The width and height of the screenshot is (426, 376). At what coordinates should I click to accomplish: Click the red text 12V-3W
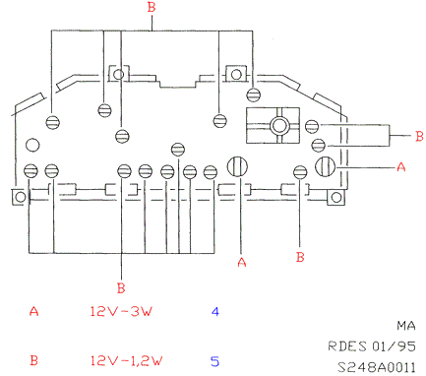coord(121,311)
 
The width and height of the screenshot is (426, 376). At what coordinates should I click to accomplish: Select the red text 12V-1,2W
coord(126,361)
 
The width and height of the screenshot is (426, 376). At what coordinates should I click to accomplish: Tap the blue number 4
coord(215,311)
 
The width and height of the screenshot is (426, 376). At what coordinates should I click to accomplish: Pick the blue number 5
coord(214,361)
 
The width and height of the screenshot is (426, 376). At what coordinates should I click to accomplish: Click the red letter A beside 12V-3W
coord(33,311)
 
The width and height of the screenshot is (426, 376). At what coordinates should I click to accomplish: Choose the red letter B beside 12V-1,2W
coord(33,360)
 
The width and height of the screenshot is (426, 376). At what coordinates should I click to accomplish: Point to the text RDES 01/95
coord(372,346)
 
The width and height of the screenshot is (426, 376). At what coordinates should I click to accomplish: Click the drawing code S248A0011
coord(377,367)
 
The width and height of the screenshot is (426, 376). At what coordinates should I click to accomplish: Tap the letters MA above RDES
coord(406,326)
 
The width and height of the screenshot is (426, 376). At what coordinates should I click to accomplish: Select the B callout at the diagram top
coord(152,7)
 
